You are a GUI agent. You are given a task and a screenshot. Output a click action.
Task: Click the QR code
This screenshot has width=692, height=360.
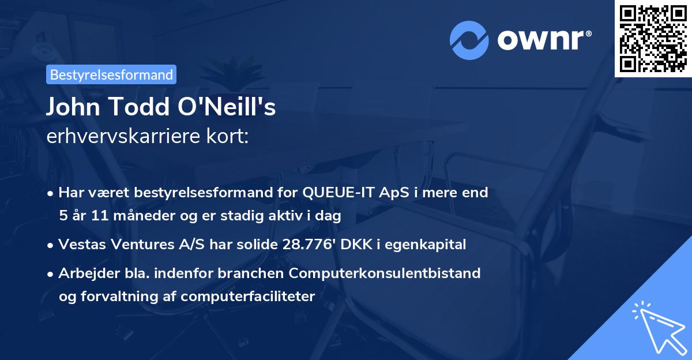(653, 38)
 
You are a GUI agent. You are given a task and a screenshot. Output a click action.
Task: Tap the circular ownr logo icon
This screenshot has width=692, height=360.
(469, 39)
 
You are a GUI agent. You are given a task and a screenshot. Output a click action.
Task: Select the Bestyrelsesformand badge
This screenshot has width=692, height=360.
(111, 74)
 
